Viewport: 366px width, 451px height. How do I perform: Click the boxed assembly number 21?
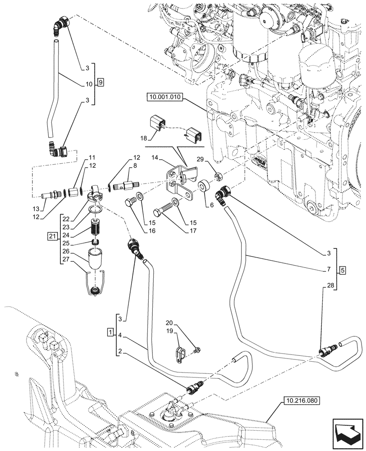(52, 236)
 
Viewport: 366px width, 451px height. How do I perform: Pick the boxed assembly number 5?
(343, 270)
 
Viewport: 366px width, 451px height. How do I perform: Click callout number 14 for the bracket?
(156, 158)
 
